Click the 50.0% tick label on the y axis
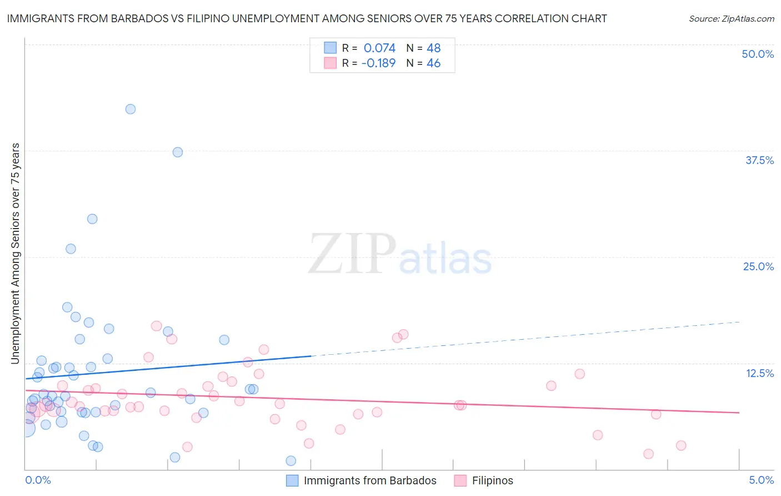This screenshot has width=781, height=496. [758, 54]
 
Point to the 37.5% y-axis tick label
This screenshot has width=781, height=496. [759, 160]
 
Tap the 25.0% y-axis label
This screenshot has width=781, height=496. [758, 266]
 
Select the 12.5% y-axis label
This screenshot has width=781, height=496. [759, 373]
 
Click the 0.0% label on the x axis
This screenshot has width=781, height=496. [38, 480]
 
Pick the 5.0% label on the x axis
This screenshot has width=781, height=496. [761, 480]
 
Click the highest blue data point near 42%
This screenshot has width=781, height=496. [131, 109]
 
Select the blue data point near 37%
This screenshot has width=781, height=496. [178, 152]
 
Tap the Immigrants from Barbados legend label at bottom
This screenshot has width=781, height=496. [370, 480]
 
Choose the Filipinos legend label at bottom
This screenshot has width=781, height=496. [492, 480]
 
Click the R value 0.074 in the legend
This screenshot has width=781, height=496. [379, 48]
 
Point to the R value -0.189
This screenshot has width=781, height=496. [378, 63]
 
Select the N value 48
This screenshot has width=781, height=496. [433, 48]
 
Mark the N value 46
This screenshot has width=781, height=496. [433, 63]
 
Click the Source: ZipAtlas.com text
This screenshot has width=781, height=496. [731, 19]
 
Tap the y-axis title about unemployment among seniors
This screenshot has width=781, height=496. [16, 254]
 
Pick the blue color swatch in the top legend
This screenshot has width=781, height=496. [331, 48]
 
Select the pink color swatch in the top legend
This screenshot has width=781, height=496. [331, 63]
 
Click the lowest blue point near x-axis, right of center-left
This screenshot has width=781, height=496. [291, 460]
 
